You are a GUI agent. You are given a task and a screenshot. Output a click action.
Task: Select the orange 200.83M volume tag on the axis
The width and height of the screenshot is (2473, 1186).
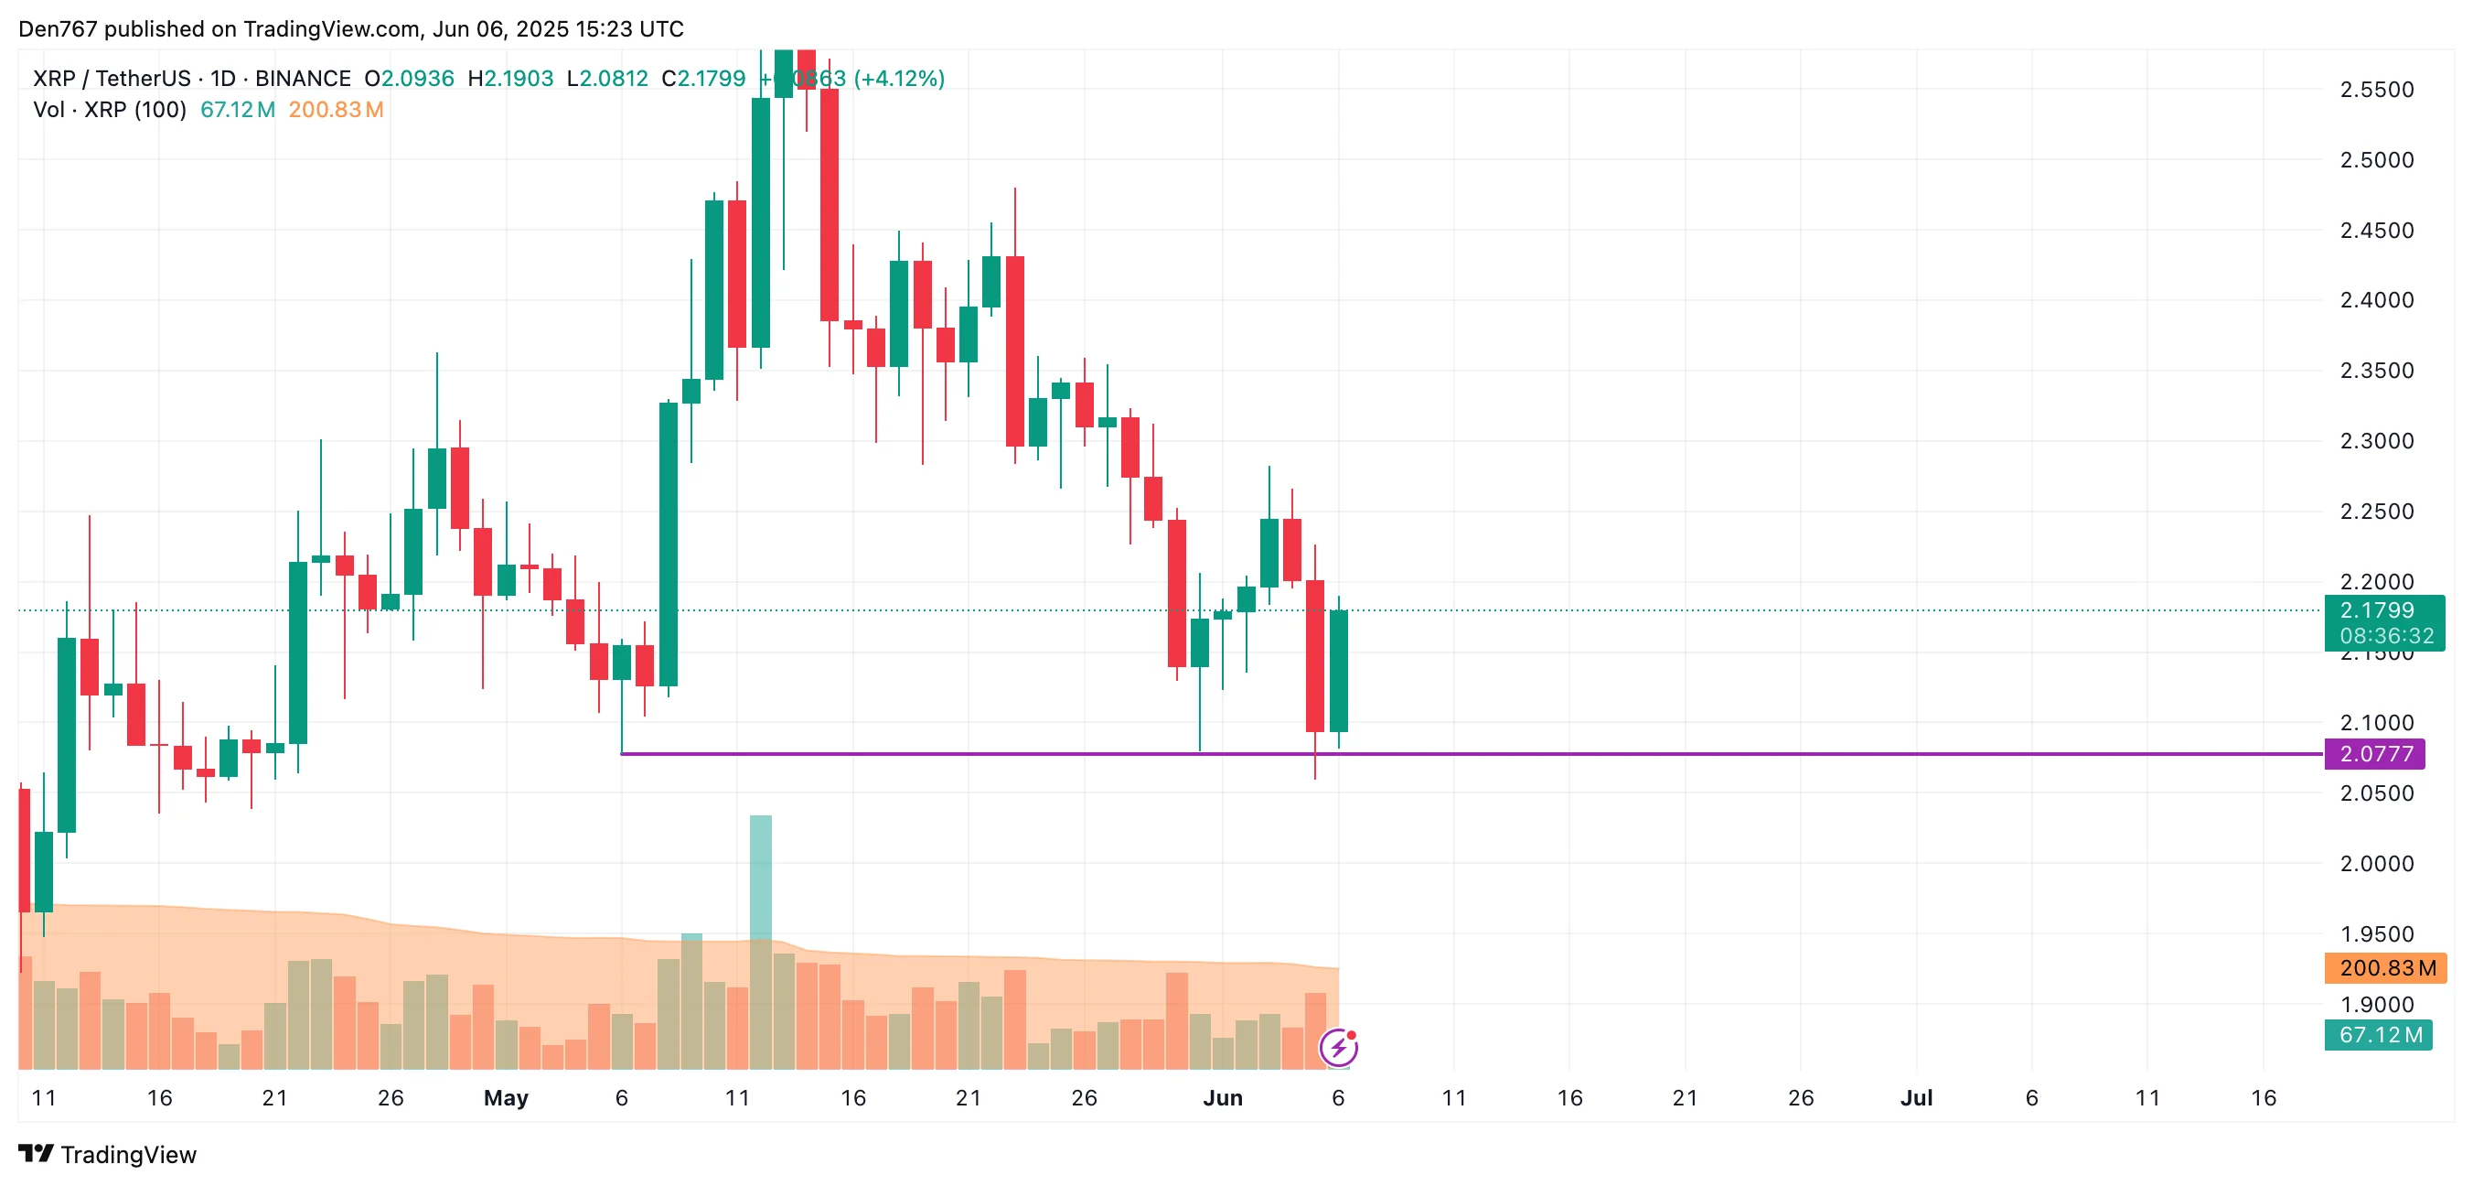(x=2384, y=968)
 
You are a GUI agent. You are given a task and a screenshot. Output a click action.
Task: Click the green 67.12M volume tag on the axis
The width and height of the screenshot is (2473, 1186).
(x=2378, y=1035)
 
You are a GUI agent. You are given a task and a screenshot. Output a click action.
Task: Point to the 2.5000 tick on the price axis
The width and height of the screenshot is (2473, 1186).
(x=2376, y=160)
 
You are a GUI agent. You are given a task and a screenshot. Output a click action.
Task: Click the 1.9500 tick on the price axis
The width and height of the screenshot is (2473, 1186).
(x=2376, y=934)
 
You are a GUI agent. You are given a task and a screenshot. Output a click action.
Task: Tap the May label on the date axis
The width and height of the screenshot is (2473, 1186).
(x=506, y=1097)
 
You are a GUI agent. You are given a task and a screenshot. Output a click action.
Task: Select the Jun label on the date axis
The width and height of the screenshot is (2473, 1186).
(x=1222, y=1097)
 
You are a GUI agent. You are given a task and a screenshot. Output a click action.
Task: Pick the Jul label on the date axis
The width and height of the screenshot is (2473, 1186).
(x=1915, y=1097)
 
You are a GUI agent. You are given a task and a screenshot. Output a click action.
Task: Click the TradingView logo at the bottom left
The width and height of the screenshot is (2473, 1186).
(x=108, y=1154)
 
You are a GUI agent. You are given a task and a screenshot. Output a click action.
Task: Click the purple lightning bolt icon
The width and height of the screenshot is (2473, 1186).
(x=1338, y=1047)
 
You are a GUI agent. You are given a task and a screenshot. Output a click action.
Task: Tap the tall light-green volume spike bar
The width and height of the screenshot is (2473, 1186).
(x=760, y=876)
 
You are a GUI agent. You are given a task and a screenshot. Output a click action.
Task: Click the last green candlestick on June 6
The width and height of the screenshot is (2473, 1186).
(x=1338, y=670)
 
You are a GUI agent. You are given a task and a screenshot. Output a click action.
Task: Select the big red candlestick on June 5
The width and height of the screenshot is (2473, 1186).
(x=1314, y=655)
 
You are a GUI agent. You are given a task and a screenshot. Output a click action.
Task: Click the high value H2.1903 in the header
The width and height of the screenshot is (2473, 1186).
(x=509, y=79)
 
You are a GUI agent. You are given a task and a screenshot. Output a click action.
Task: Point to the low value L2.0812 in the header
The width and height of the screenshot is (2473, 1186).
(x=606, y=79)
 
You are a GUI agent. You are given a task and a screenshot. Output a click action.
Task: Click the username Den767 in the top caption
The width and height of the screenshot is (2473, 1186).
(x=58, y=28)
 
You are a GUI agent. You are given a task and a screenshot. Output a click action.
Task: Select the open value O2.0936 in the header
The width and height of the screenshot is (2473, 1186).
(x=409, y=79)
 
